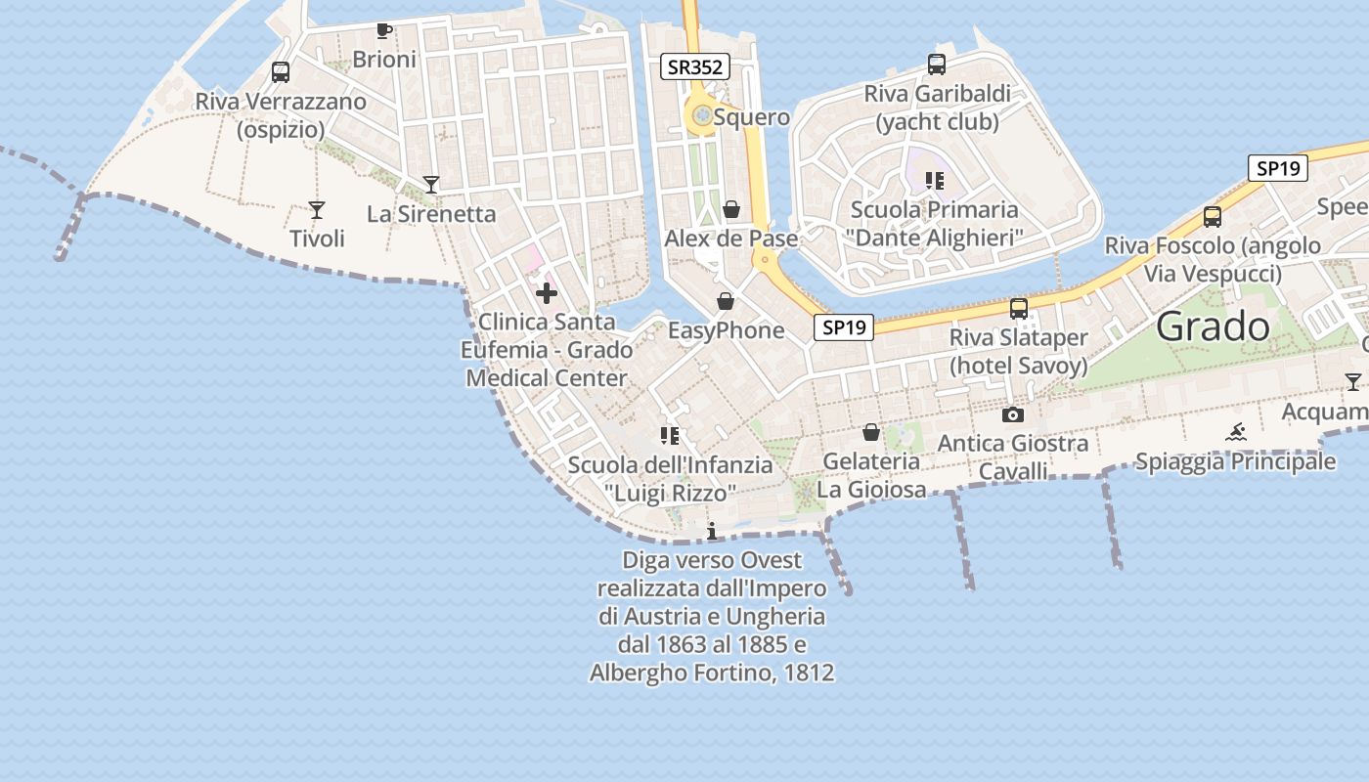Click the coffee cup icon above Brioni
pos(384,31)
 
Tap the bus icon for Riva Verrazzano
pos(281,71)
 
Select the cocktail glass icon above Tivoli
pos(316,209)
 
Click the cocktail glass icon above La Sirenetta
pos(430,184)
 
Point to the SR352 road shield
pos(695,66)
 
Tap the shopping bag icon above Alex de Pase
pos(730,209)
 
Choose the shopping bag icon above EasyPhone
pos(726,300)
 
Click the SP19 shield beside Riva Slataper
pos(843,327)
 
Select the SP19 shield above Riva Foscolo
pos(1278,168)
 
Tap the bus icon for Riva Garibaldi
pos(937,65)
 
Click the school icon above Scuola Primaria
pos(935,181)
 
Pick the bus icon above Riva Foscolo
pos(1213,217)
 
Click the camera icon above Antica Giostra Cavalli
pos(1013,414)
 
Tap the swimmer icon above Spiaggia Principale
pos(1236,432)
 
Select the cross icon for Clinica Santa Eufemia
pos(547,292)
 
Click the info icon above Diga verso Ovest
pos(712,531)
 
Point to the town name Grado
pos(1213,326)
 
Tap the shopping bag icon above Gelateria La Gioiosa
pos(870,432)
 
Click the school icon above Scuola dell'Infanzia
pos(670,436)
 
